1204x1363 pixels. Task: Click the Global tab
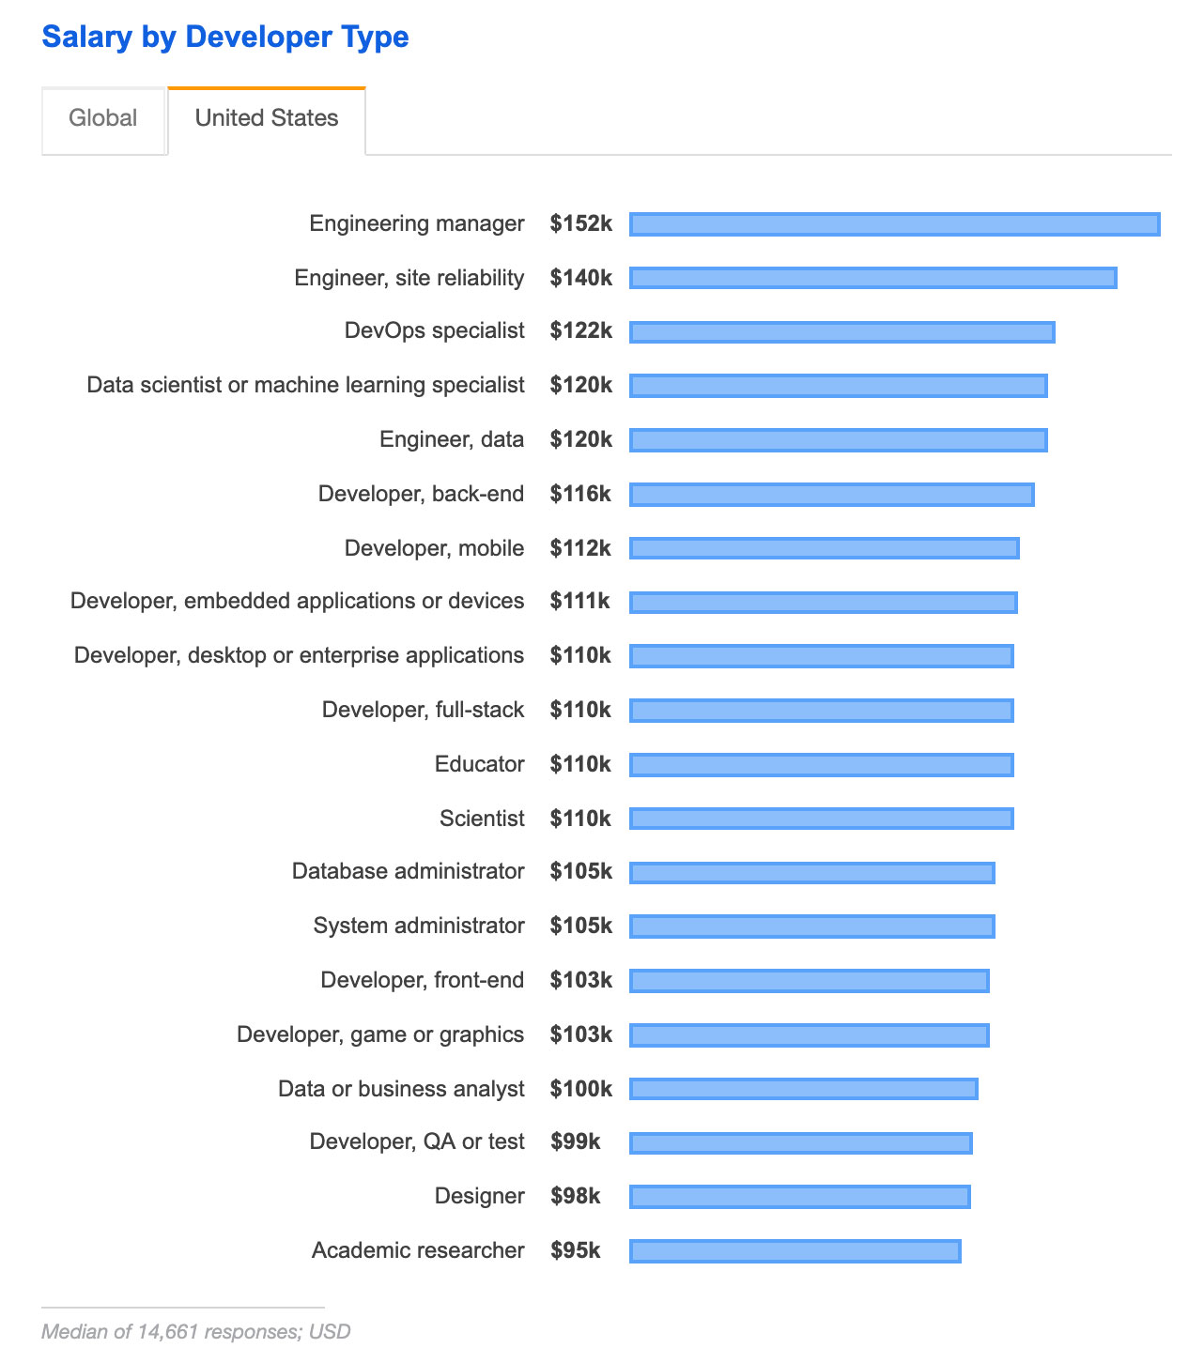pyautogui.click(x=103, y=118)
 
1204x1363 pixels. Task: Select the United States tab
pyautogui.click(x=267, y=118)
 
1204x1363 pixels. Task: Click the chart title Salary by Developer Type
pyautogui.click(x=225, y=38)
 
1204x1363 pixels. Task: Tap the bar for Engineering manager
pyautogui.click(x=894, y=224)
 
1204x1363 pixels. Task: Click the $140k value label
pyautogui.click(x=581, y=278)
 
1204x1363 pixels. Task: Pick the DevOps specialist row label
pyautogui.click(x=434, y=330)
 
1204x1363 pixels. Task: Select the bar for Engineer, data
pyautogui.click(x=838, y=440)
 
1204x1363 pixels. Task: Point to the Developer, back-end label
pyautogui.click(x=421, y=494)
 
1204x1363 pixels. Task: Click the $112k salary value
pyautogui.click(x=580, y=548)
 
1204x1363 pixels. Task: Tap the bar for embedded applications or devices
pyautogui.click(x=823, y=603)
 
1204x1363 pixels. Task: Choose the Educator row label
pyautogui.click(x=479, y=764)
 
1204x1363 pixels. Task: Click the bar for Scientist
pyautogui.click(x=821, y=819)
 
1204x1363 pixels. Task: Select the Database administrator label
pyautogui.click(x=408, y=871)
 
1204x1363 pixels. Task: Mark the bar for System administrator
pyautogui.click(x=811, y=927)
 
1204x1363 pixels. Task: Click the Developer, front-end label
pyautogui.click(x=422, y=980)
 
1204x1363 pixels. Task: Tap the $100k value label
pyautogui.click(x=581, y=1089)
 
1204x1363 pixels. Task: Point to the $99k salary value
pyautogui.click(x=576, y=1141)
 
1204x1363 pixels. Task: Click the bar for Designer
pyautogui.click(x=799, y=1197)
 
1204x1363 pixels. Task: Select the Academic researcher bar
pyautogui.click(x=795, y=1251)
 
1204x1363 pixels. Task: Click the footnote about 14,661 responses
pyautogui.click(x=195, y=1331)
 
